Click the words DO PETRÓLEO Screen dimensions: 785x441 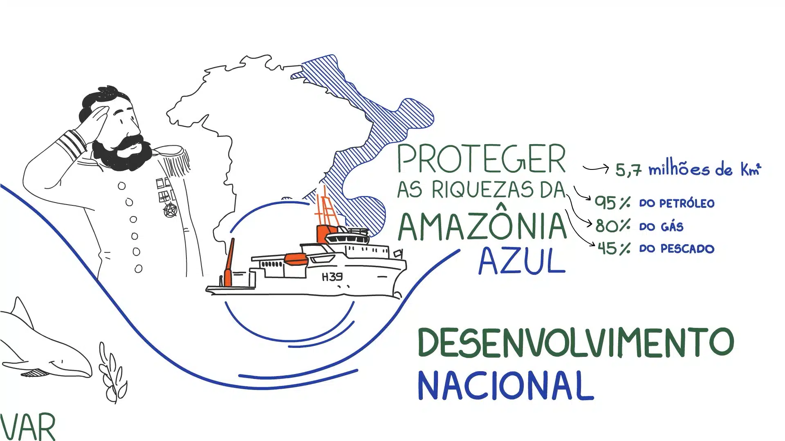click(677, 203)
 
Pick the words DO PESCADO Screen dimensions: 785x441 click(677, 249)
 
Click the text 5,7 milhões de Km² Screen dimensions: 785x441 click(688, 169)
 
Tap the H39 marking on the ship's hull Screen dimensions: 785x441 click(332, 277)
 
